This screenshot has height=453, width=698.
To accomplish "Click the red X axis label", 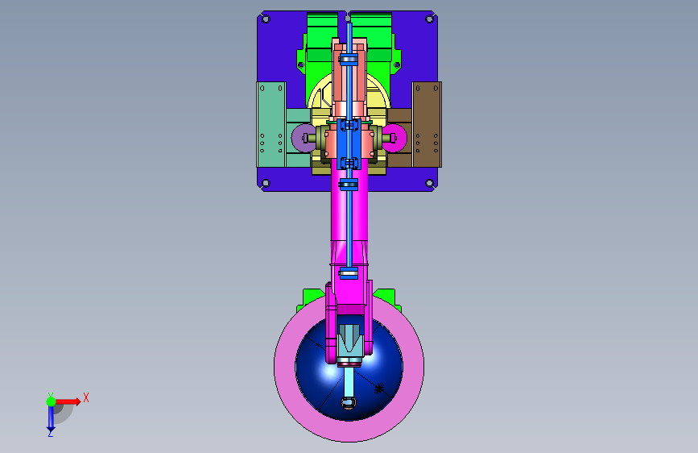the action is [x=86, y=397].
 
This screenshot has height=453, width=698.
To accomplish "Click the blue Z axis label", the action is [x=51, y=434].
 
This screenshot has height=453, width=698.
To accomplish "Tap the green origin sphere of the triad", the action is [x=52, y=401].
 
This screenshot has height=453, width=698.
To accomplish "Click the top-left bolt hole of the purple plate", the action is [x=266, y=19].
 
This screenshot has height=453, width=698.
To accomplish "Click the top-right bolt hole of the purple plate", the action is [x=430, y=19].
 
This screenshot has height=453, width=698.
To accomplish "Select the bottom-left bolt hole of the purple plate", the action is [x=266, y=183].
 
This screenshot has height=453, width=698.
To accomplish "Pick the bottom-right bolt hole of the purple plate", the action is [x=430, y=183].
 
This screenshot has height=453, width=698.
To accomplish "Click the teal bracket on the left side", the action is [x=271, y=124].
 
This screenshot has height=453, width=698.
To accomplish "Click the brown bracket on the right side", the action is [x=427, y=124].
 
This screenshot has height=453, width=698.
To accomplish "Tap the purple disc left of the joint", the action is [x=300, y=138].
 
